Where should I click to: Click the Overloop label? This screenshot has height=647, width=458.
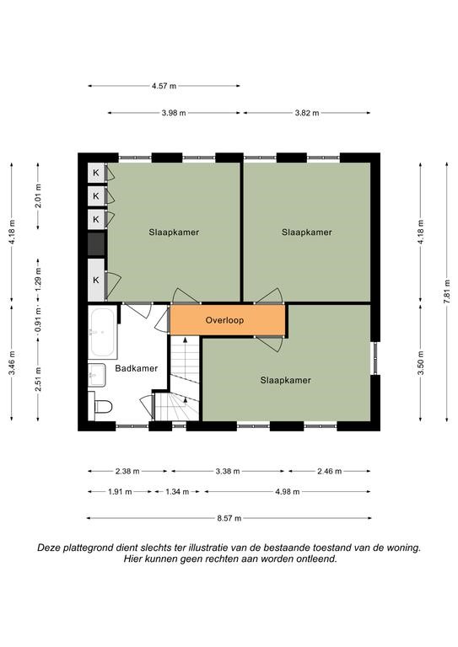tap(224, 320)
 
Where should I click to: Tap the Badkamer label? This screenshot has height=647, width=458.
tap(137, 368)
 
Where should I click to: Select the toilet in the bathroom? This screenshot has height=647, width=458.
tap(100, 406)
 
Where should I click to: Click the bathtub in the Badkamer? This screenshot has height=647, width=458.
tap(102, 333)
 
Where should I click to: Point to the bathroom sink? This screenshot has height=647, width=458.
tap(98, 375)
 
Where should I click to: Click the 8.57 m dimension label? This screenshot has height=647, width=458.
tap(229, 518)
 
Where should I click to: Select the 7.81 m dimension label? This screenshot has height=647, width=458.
tap(447, 291)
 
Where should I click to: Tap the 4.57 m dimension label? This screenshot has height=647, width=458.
tap(164, 86)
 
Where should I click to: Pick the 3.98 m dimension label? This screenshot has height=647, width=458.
tap(174, 113)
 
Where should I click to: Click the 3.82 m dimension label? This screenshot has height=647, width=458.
tap(307, 113)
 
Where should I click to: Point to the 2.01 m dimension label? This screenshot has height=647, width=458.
tap(38, 196)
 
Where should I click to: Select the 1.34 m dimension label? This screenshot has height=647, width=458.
tap(177, 491)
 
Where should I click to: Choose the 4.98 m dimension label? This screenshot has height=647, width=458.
tap(288, 491)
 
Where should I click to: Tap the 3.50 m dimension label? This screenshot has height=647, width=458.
tap(420, 363)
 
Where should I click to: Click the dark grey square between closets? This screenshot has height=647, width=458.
tap(96, 243)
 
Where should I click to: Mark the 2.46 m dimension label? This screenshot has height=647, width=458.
tap(329, 471)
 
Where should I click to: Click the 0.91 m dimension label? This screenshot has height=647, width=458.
tap(38, 320)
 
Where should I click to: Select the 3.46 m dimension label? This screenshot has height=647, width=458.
tap(12, 363)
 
